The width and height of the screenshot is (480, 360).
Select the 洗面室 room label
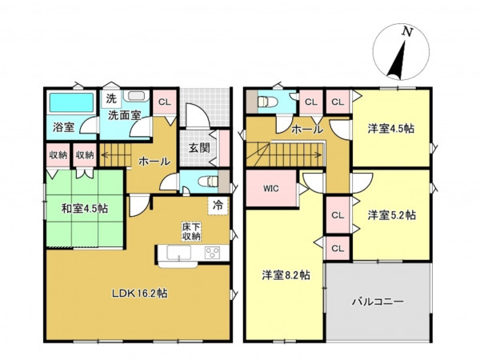(x=125, y=115)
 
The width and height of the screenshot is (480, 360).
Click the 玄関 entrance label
(x=199, y=147)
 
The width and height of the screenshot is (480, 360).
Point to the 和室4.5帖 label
(x=84, y=209)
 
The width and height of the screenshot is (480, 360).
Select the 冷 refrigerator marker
(x=218, y=205)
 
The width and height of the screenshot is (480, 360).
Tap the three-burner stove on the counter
(x=214, y=254)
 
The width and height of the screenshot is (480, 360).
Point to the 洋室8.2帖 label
(x=286, y=275)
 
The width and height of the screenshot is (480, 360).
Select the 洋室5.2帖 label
(x=393, y=214)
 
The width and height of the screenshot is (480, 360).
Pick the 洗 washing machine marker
(x=112, y=98)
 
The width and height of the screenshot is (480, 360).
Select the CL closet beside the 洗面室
(x=164, y=102)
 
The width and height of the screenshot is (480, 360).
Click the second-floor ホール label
(x=307, y=129)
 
